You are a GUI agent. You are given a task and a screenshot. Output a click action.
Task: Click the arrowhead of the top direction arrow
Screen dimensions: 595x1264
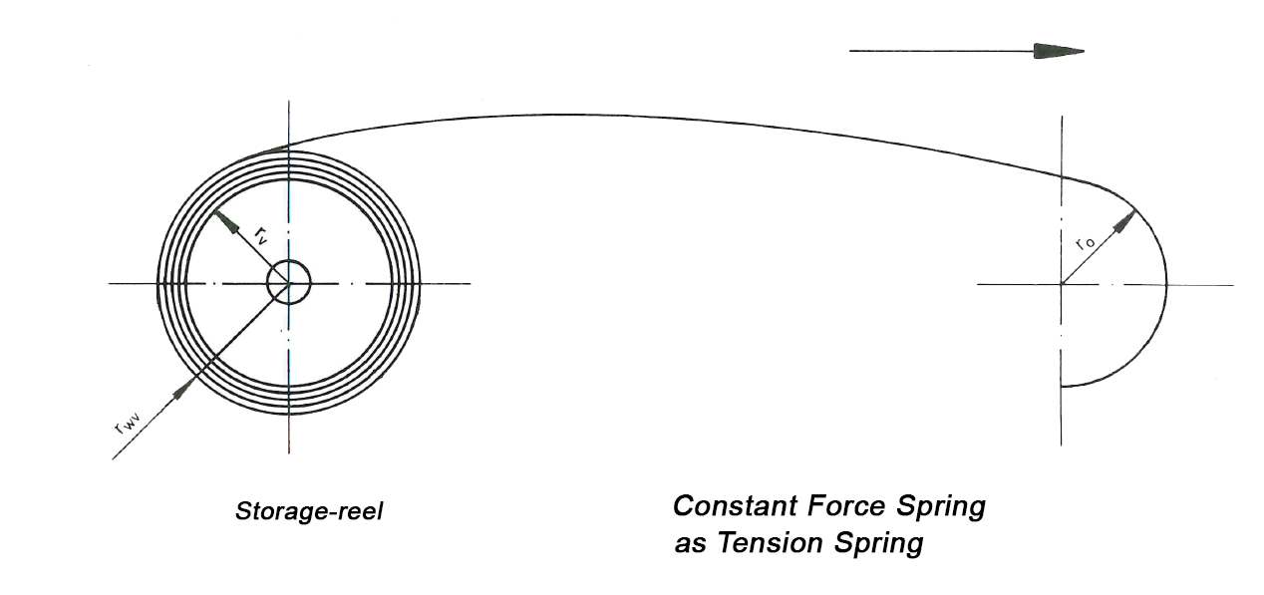pyautogui.click(x=1059, y=51)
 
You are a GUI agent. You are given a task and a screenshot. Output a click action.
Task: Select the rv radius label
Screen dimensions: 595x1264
pyautogui.click(x=259, y=235)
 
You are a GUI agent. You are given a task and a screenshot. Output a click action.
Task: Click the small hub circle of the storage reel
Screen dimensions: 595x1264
pyautogui.click(x=289, y=284)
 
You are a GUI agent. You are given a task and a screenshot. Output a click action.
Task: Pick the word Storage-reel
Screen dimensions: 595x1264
pyautogui.click(x=309, y=512)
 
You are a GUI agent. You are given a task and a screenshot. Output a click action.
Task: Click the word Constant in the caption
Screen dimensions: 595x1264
pyautogui.click(x=730, y=506)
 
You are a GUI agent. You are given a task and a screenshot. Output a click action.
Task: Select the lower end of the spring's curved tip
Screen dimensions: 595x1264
pyautogui.click(x=1063, y=386)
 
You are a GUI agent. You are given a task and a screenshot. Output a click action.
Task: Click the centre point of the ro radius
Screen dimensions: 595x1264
pyautogui.click(x=1063, y=284)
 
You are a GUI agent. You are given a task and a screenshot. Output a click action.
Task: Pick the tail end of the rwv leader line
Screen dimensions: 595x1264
pyautogui.click(x=113, y=458)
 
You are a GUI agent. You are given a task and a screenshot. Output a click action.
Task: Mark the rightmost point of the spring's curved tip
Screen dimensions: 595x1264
pyautogui.click(x=1166, y=285)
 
